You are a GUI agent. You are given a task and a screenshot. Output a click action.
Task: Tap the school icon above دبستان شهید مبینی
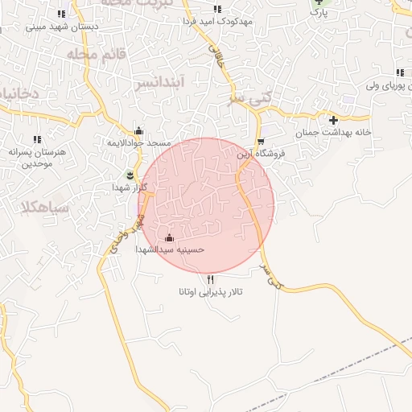click(x=62, y=14)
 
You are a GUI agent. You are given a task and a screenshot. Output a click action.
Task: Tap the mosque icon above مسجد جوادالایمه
click(x=139, y=131)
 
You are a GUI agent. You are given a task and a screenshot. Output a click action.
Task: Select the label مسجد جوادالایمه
click(x=139, y=142)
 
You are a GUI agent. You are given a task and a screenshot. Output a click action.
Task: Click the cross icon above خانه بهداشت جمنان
click(x=333, y=120)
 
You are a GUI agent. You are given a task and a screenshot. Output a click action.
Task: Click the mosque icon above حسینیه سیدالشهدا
click(x=169, y=238)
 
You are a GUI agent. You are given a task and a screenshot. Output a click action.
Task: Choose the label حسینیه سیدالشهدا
click(x=172, y=249)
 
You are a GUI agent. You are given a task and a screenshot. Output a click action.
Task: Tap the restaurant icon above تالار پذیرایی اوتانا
click(x=211, y=279)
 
